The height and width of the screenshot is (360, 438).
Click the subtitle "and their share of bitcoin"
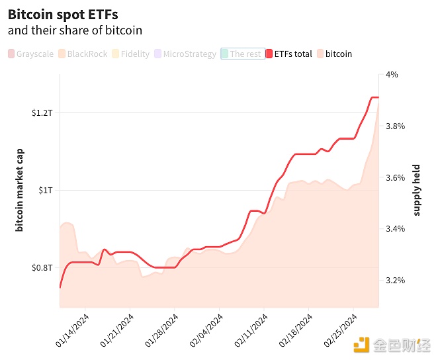coord(75,30)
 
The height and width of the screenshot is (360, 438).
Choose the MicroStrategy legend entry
coord(185,54)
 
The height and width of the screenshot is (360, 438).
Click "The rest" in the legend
coord(243,54)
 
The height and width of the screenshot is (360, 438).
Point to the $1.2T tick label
coord(42,113)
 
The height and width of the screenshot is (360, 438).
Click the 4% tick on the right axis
coord(392,75)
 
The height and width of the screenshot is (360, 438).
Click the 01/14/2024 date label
coord(73,332)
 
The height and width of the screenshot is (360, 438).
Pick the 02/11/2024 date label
coord(251,332)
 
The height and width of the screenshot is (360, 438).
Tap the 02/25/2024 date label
coord(341,332)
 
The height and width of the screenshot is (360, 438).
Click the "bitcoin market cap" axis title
coord(19,191)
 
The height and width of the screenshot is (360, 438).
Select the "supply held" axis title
coord(417,191)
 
